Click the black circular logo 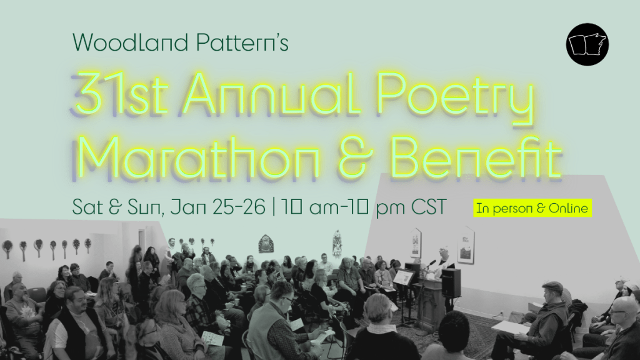pyautogui.click(x=587, y=44)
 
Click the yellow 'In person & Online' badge pyautogui.click(x=532, y=209)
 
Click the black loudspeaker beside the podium pyautogui.click(x=451, y=282)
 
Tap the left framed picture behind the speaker pyautogui.click(x=416, y=242)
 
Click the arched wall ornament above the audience pyautogui.click(x=266, y=243)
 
